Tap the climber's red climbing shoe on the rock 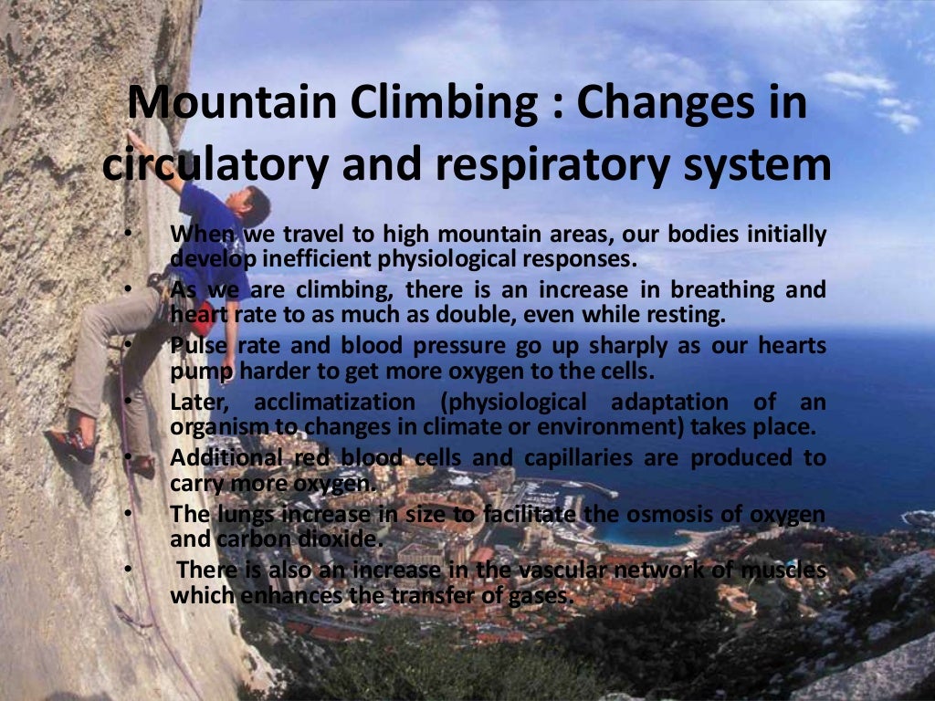coord(73,444)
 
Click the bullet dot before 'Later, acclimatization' coord(130,402)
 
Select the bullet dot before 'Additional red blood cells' coord(130,457)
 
